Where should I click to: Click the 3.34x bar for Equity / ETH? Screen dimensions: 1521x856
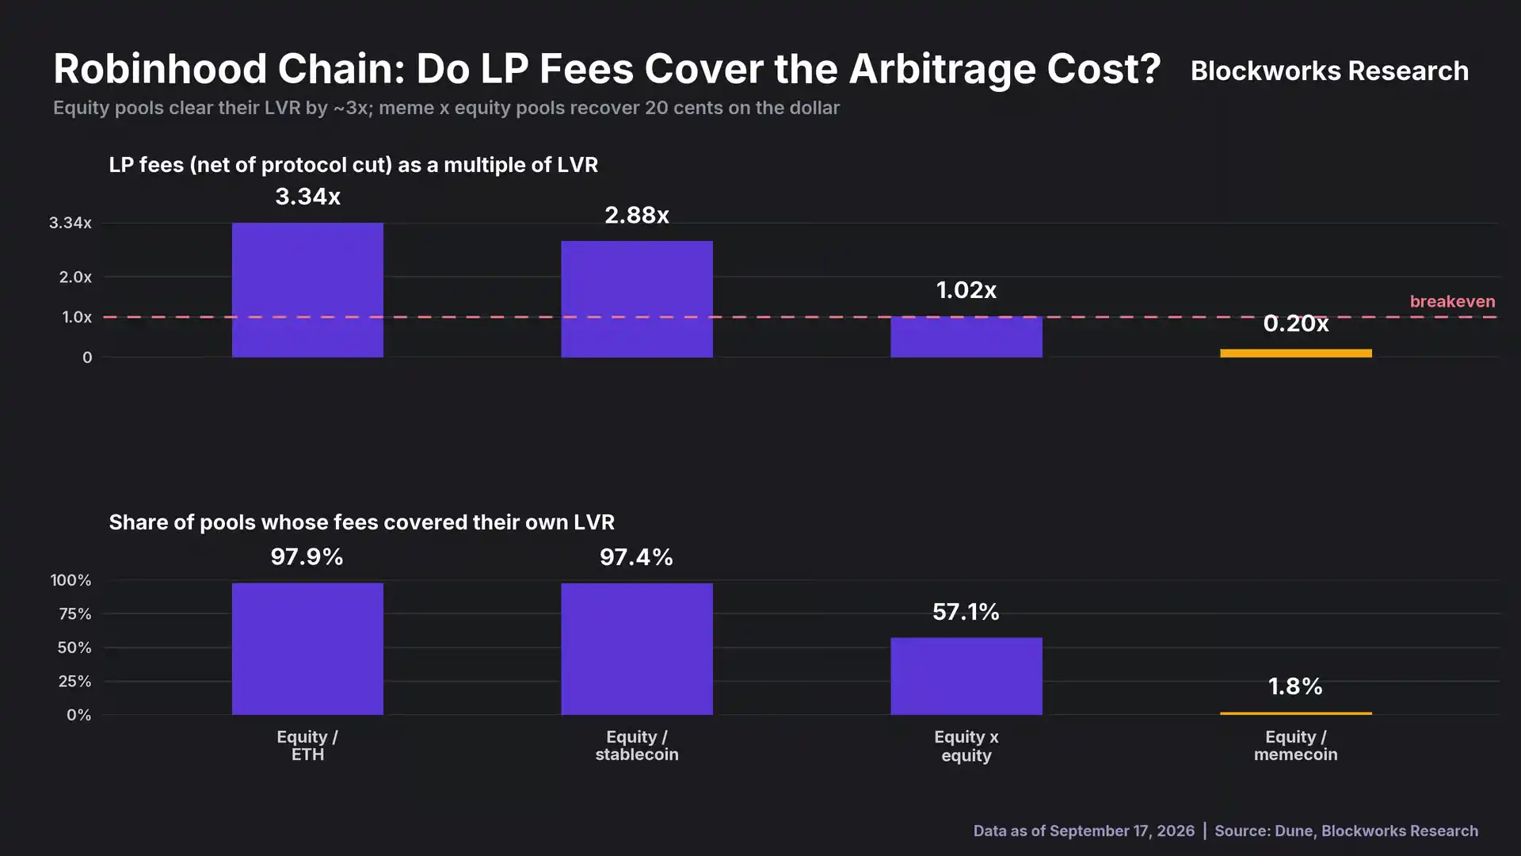(307, 290)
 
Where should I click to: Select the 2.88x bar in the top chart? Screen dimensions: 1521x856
(637, 299)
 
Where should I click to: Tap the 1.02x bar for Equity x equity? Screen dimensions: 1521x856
(966, 337)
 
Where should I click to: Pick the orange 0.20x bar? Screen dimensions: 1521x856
(1296, 353)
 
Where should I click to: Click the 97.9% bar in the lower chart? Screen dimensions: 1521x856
(307, 649)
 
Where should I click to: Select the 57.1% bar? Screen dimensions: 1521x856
(966, 676)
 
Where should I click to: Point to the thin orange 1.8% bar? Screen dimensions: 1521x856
(1296, 713)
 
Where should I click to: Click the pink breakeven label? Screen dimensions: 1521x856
(1452, 301)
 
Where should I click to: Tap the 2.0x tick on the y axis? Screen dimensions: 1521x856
(75, 277)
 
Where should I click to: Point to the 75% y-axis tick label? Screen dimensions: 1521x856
(74, 613)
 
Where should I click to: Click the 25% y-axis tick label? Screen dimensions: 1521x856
(74, 681)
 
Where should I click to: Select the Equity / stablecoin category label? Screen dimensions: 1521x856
(637, 746)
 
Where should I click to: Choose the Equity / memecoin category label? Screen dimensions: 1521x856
(1296, 746)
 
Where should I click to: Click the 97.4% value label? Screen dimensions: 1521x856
(636, 557)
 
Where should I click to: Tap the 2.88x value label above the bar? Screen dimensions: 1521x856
(637, 215)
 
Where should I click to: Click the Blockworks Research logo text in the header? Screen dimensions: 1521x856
(1329, 71)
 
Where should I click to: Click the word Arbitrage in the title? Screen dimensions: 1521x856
(942, 69)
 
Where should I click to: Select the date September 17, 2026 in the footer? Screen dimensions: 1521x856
(1122, 831)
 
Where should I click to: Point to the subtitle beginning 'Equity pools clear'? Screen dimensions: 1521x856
(446, 108)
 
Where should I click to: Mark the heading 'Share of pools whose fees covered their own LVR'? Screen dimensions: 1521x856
(361, 522)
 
